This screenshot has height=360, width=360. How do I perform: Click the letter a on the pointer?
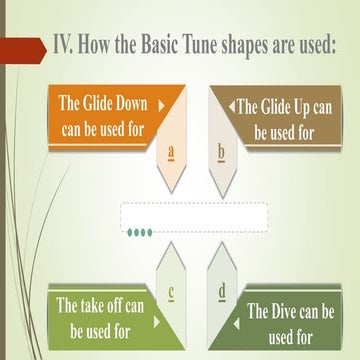coord(172,153)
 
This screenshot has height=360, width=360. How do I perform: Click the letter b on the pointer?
coord(221,153)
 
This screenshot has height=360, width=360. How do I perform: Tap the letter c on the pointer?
coord(172,293)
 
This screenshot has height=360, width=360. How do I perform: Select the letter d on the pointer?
coord(221,293)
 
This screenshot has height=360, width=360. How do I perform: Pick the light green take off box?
coord(100,317)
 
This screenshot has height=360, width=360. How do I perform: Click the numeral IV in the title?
coord(65,46)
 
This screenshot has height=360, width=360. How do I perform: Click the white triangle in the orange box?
coord(161,102)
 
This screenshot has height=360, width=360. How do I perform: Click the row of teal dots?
coord(139,233)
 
